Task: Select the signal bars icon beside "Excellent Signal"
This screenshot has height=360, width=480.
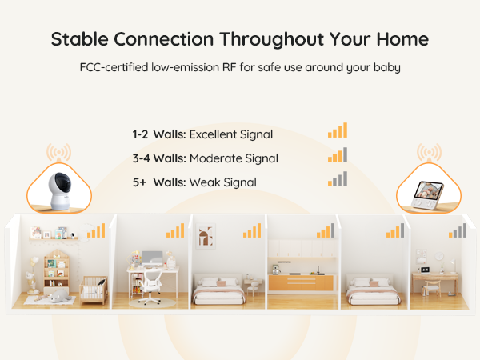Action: [337, 132]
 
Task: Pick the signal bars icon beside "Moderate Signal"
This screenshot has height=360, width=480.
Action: [337, 156]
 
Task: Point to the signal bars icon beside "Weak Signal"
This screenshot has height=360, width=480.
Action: [337, 180]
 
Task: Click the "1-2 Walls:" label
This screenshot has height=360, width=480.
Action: [159, 134]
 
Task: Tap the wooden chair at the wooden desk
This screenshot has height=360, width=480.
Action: [432, 286]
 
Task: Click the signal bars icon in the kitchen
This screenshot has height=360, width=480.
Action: [325, 232]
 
